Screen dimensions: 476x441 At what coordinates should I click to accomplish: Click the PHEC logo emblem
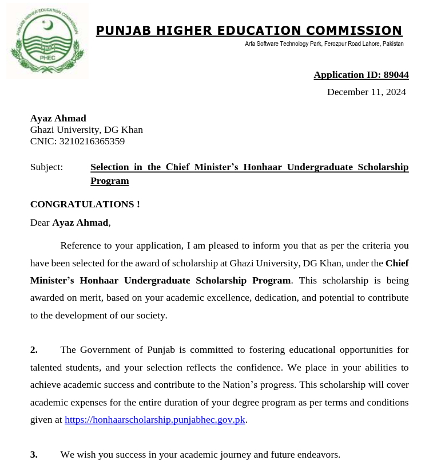(x=47, y=41)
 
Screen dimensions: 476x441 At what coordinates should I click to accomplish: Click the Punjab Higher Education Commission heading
(x=249, y=31)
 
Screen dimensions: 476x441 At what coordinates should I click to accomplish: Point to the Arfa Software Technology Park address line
(x=324, y=44)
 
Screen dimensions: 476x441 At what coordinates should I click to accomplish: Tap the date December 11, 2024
(x=366, y=92)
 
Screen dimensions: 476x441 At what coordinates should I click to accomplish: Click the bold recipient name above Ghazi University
(x=58, y=119)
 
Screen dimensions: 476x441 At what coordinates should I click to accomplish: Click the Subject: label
(x=46, y=167)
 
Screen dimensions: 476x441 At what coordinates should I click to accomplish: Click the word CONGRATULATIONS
(x=81, y=204)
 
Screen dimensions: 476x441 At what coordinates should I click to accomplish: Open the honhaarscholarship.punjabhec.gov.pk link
(x=155, y=420)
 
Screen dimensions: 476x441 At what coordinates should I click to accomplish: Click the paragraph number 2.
(x=34, y=350)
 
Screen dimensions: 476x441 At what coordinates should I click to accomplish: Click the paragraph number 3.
(x=34, y=455)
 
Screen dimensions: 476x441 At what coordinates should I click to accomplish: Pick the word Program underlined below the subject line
(x=109, y=181)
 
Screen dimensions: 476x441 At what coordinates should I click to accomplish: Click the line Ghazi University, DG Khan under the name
(x=86, y=130)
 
